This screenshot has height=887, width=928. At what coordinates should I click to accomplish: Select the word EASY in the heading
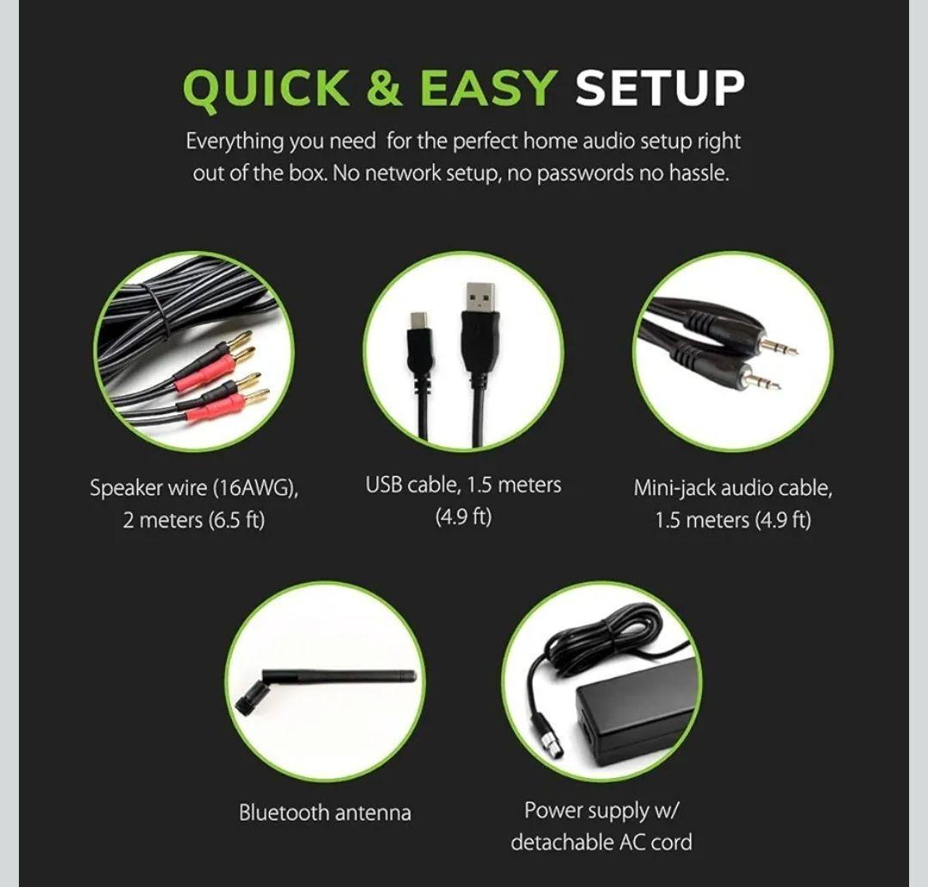(x=489, y=89)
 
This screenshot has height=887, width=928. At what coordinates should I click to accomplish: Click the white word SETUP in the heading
(x=660, y=89)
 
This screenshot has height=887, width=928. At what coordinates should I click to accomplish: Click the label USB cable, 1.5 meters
(x=463, y=486)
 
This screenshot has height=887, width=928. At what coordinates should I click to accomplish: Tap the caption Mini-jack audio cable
(x=732, y=489)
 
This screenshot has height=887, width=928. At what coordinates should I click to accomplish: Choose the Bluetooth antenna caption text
(x=325, y=812)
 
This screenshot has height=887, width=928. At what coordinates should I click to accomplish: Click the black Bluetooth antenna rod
(x=344, y=676)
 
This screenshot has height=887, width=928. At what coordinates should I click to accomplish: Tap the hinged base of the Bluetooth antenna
(x=247, y=698)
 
